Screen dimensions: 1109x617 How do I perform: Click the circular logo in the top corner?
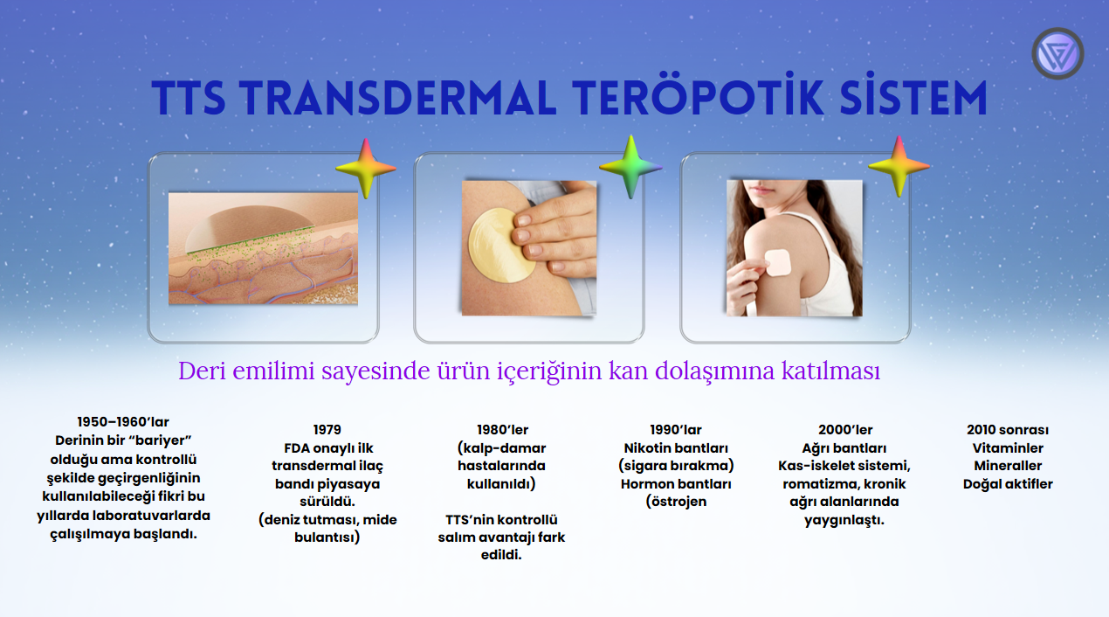tap(1057, 53)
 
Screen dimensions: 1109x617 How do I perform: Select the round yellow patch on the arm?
tap(502, 246)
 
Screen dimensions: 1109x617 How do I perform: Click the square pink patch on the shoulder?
tap(777, 263)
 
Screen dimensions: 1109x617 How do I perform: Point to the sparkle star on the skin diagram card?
tap(365, 168)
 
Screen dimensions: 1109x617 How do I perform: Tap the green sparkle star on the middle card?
tap(630, 167)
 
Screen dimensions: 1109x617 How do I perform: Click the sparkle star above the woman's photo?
tap(899, 167)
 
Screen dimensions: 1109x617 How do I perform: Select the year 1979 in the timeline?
tap(327, 430)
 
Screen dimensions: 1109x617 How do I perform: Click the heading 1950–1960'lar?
tap(123, 422)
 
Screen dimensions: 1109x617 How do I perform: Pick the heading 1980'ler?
tap(502, 430)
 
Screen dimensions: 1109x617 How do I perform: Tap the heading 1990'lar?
tap(676, 430)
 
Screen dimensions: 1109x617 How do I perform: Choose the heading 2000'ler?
tap(845, 430)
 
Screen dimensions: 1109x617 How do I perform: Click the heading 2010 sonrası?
tap(1008, 430)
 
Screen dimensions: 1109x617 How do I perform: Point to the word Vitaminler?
tap(1008, 448)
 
